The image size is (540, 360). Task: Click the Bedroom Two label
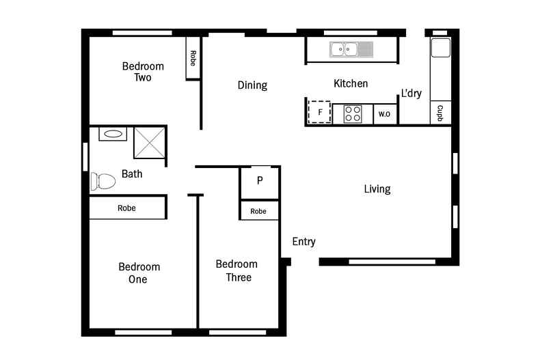[143, 72]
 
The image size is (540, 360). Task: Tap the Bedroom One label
[139, 273]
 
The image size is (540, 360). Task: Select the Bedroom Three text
[237, 271]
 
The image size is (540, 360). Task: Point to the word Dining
[252, 85]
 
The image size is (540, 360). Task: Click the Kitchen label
[351, 83]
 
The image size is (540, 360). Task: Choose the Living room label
[377, 189]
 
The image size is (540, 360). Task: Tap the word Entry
[303, 241]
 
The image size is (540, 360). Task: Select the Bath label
[132, 174]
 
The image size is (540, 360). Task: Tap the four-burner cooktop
[353, 113]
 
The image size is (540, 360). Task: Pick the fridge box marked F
[319, 112]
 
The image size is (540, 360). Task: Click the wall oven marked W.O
[384, 114]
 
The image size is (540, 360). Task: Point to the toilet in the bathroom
[103, 181]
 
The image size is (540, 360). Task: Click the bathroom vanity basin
[113, 134]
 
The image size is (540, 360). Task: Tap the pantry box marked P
[259, 181]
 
